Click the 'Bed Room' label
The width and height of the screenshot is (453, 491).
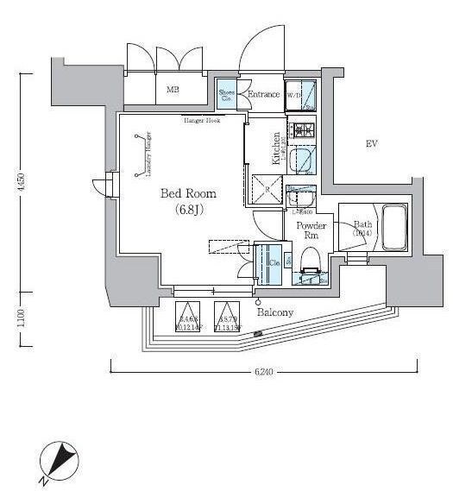pos(187,193)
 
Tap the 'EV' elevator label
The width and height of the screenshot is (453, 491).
pos(373,143)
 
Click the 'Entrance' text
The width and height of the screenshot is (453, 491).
pos(263,94)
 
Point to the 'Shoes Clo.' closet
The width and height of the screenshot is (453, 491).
pos(226,96)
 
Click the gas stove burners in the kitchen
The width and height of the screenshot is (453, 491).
pos(303,130)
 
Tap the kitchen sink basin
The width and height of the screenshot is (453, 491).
pos(302,161)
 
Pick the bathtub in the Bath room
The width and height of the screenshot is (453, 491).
pos(395,225)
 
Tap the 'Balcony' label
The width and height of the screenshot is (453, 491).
pos(275,312)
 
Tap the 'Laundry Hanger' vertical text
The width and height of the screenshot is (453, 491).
pos(148,154)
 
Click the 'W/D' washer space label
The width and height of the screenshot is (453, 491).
pos(293,95)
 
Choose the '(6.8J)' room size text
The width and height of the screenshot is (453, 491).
pos(187,210)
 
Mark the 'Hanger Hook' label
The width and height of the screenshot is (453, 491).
pos(201,121)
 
